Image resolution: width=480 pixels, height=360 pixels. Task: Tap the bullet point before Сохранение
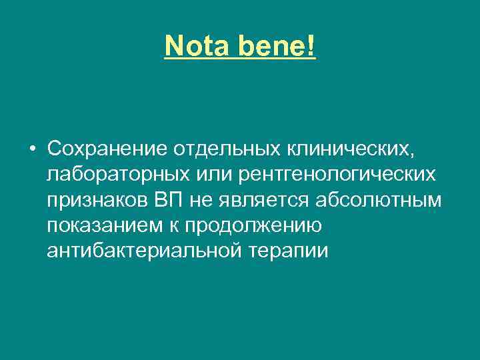[33, 147]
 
